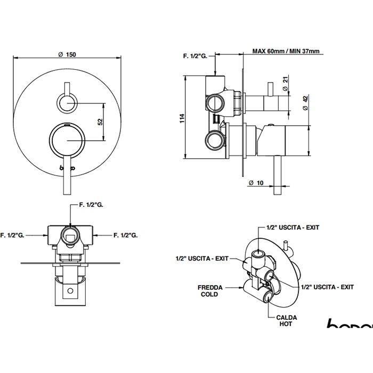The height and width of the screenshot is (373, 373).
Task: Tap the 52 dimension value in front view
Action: (100, 122)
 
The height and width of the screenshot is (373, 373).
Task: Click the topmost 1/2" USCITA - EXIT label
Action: (292, 227)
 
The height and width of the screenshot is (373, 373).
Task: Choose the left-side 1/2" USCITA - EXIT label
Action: (201, 258)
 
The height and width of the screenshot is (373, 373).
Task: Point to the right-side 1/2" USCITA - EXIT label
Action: (327, 287)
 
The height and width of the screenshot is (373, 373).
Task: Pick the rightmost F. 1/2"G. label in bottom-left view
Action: (126, 234)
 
